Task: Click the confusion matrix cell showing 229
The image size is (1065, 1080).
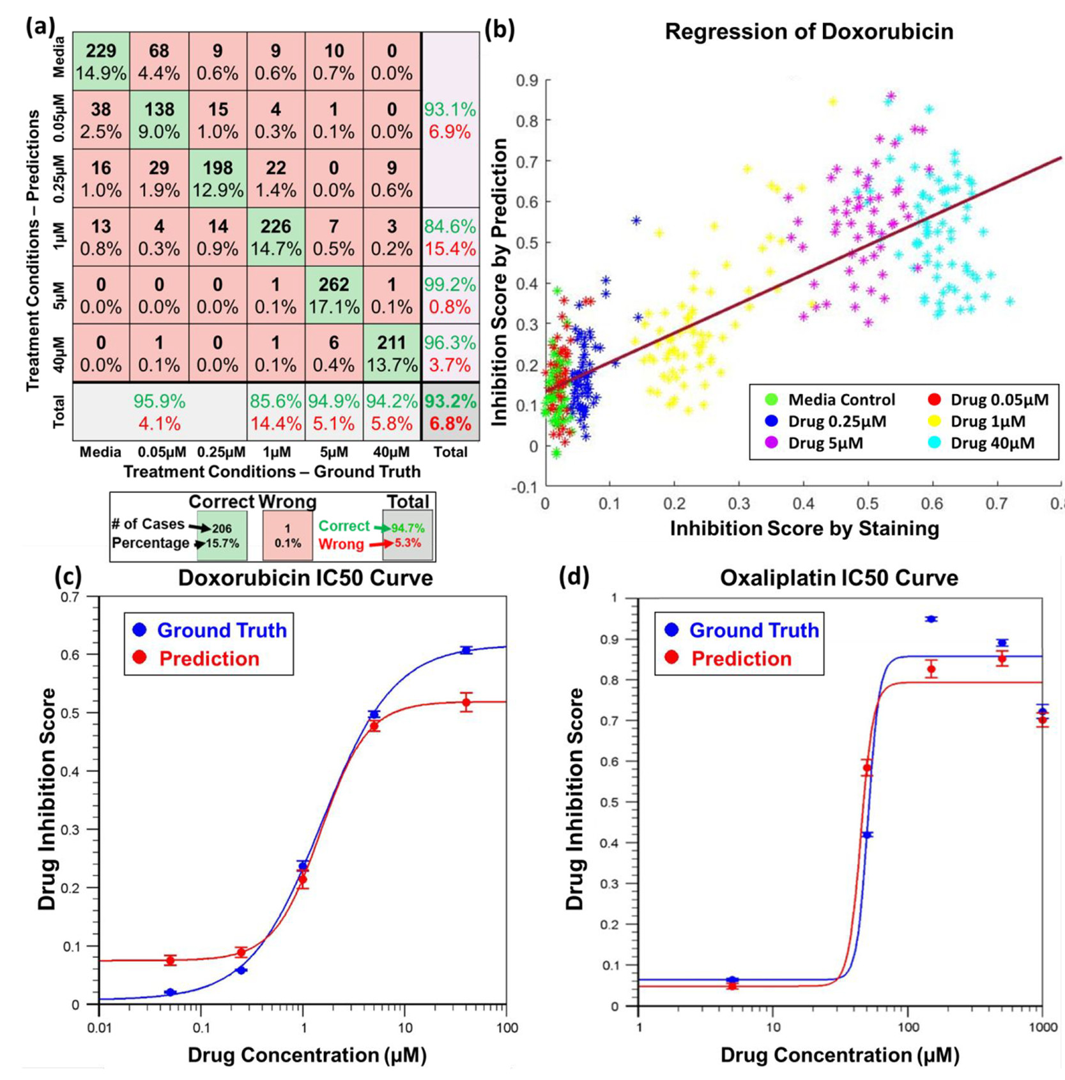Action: tap(101, 61)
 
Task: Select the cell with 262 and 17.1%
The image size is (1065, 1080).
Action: tap(333, 295)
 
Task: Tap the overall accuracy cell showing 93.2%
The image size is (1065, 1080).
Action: tap(450, 412)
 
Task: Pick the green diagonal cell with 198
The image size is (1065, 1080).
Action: tap(218, 178)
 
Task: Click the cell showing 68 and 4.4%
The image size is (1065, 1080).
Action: tap(159, 61)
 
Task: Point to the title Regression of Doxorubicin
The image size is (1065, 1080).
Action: tap(809, 32)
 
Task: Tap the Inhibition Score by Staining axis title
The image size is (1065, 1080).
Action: tap(804, 528)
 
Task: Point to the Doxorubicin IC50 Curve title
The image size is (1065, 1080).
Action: tap(305, 578)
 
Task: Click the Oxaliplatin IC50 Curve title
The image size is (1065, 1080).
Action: tap(839, 578)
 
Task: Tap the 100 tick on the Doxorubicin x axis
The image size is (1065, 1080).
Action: tap(507, 1028)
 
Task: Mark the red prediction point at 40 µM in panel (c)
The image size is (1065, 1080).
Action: tap(467, 702)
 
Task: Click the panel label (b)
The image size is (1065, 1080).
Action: tap(500, 30)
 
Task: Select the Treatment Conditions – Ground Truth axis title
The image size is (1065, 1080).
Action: tap(272, 472)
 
